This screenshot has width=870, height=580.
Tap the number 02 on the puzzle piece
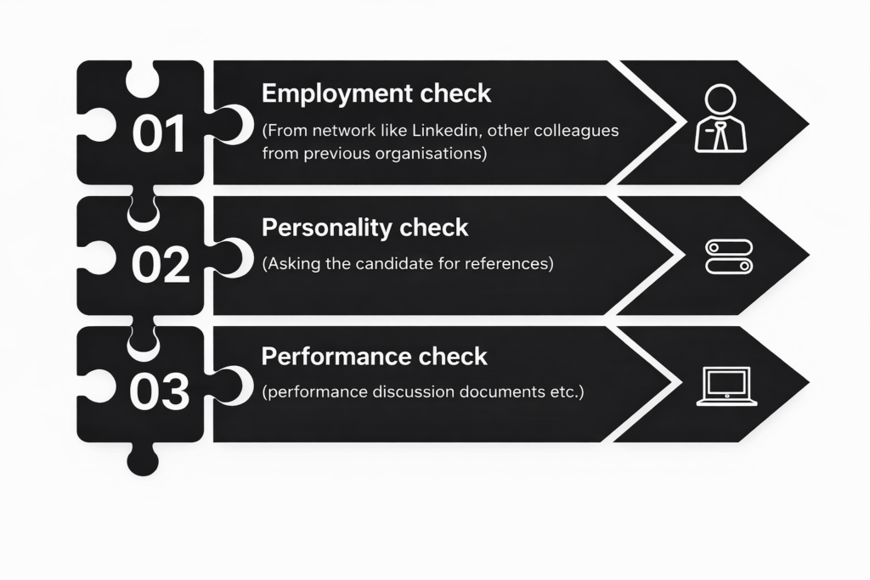pyautogui.click(x=161, y=264)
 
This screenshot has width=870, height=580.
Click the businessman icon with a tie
pyautogui.click(x=720, y=119)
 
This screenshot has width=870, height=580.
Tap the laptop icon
pyautogui.click(x=727, y=386)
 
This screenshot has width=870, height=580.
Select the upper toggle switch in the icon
pyautogui.click(x=729, y=247)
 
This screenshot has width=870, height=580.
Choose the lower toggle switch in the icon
pyautogui.click(x=729, y=266)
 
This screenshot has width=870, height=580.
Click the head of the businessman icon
pyautogui.click(x=720, y=100)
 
